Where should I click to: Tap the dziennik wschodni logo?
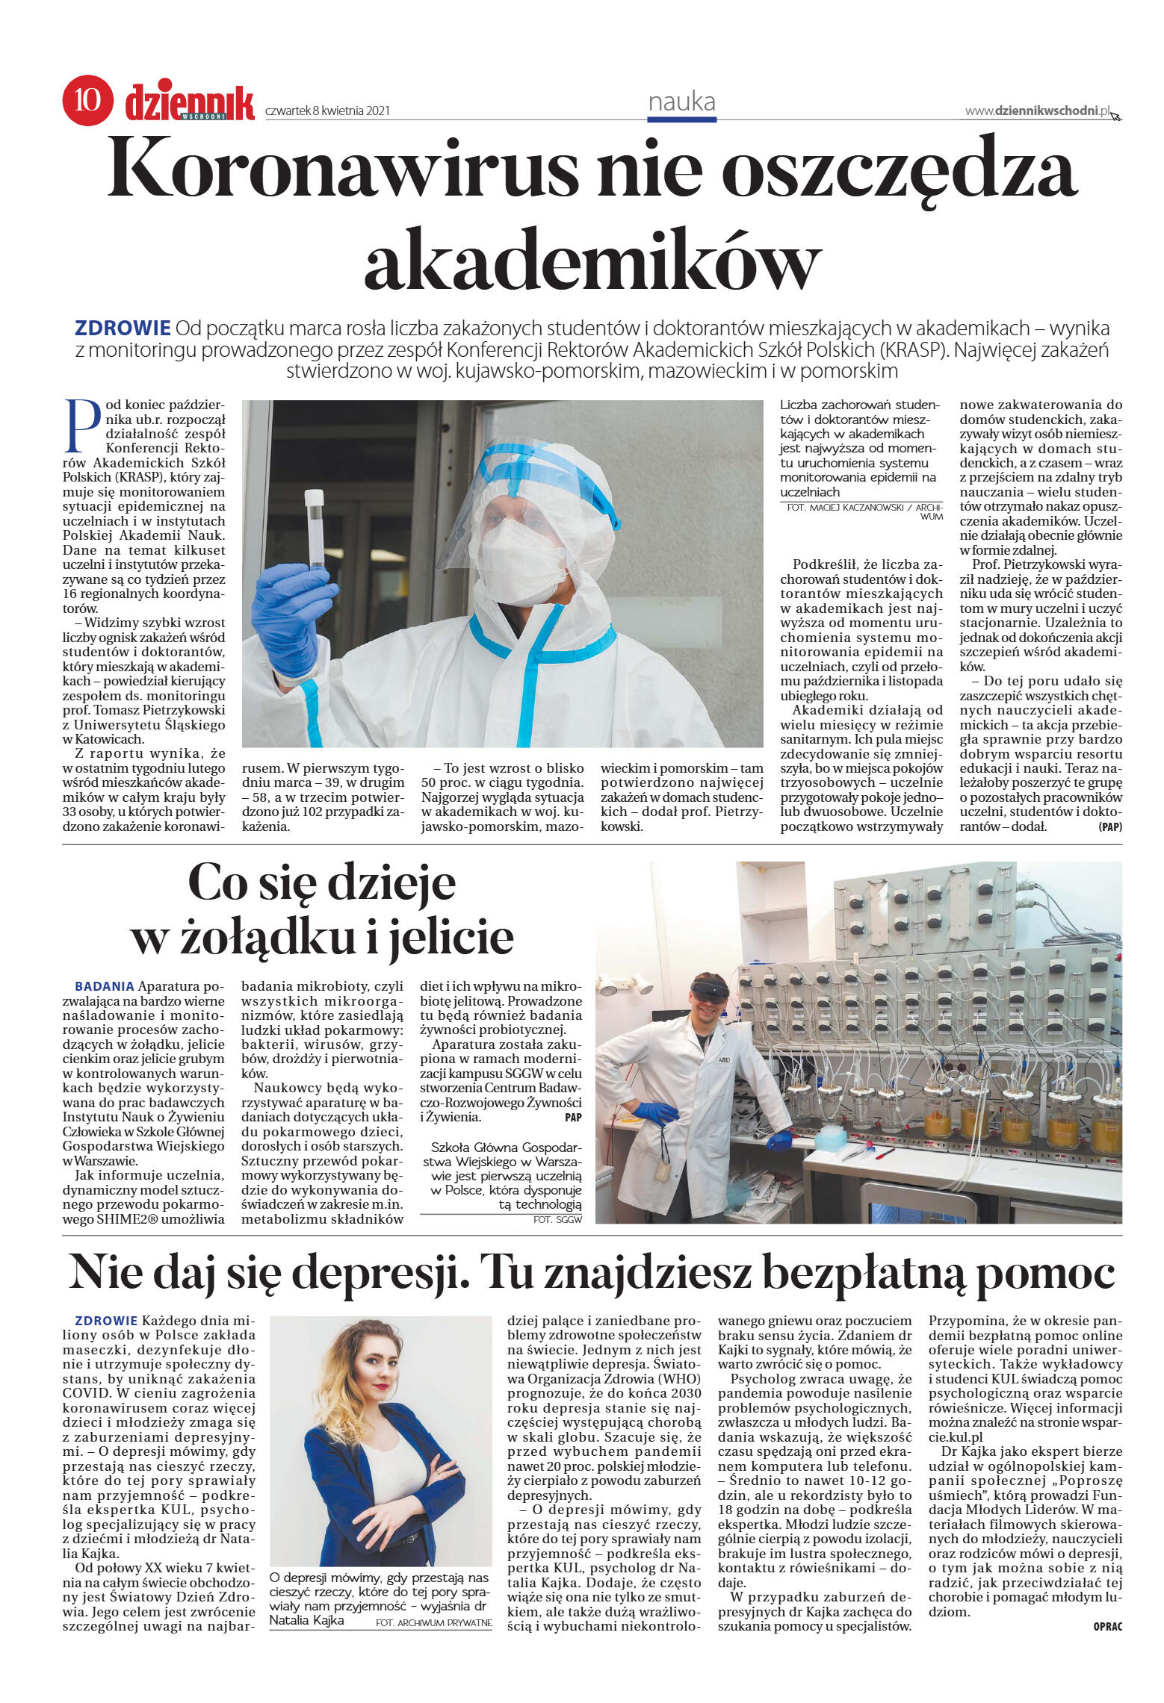189,103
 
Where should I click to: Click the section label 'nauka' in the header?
681,102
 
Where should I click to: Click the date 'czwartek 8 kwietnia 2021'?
327,111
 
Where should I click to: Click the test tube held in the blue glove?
315,527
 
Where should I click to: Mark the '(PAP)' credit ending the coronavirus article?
1109,827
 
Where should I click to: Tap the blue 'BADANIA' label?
105,986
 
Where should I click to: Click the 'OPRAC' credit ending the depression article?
1107,1626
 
